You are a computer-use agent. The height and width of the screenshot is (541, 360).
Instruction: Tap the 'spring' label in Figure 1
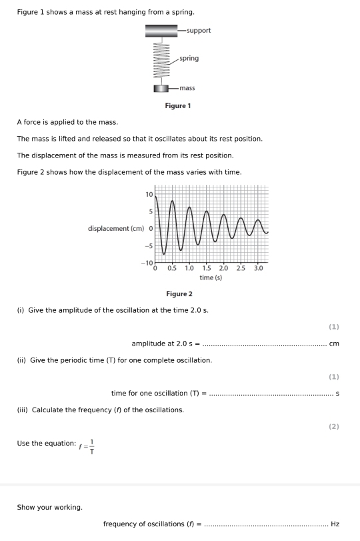coord(189,59)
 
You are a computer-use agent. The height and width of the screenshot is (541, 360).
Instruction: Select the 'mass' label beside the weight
coord(185,88)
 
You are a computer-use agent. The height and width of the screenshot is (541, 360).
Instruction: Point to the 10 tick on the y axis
coord(149,194)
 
